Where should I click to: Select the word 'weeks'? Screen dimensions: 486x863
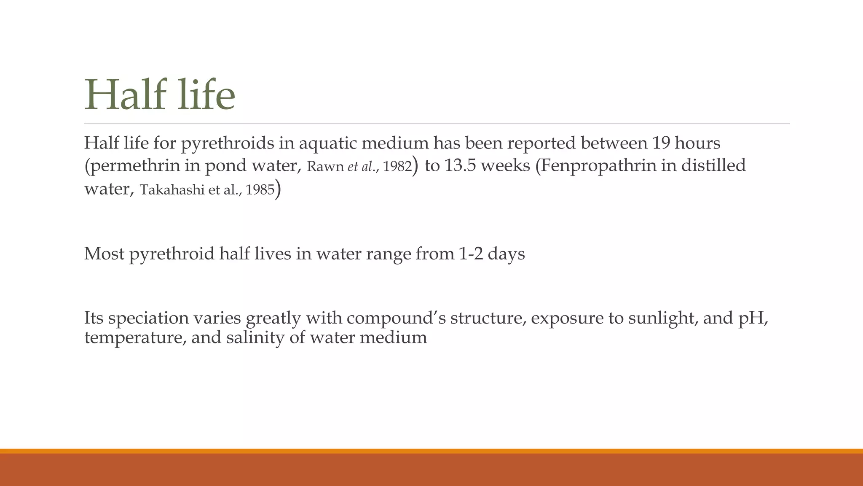(505, 165)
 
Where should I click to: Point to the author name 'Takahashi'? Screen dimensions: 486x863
(172, 190)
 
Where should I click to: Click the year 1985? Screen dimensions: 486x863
(260, 190)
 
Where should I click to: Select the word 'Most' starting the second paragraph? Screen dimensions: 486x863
(104, 254)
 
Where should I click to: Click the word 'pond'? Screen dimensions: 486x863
(225, 166)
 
